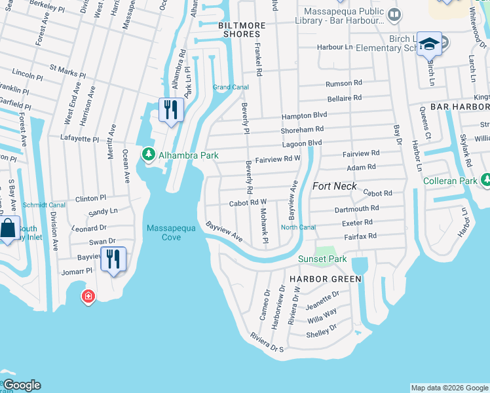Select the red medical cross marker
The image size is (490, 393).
(88, 297)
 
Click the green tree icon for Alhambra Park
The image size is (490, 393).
(149, 155)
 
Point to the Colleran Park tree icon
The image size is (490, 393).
(486, 180)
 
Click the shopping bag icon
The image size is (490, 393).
(7, 229)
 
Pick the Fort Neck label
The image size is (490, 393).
(335, 186)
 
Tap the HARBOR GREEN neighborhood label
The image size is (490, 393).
(325, 279)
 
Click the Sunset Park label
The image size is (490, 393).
(322, 259)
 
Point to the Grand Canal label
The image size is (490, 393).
(231, 87)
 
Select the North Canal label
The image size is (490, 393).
(298, 227)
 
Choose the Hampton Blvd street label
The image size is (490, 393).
(304, 115)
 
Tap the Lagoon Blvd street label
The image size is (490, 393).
(302, 143)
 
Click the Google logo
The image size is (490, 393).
(22, 385)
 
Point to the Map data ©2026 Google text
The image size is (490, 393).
(449, 388)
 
